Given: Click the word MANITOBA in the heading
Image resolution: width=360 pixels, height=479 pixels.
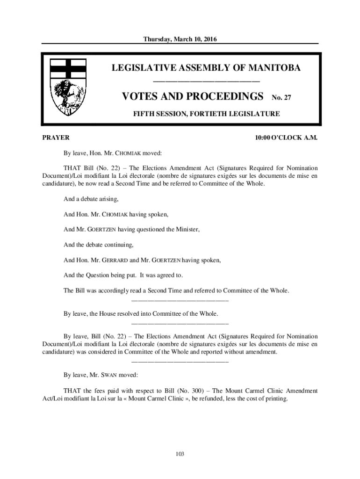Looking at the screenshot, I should [x=271, y=68].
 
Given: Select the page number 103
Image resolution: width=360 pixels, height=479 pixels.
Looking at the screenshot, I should [x=180, y=454].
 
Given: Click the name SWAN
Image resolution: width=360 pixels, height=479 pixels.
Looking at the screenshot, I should [x=110, y=375].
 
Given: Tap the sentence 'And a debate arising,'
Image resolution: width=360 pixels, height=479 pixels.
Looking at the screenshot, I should [x=91, y=199].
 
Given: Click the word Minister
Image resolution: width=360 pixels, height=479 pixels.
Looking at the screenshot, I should [x=187, y=230].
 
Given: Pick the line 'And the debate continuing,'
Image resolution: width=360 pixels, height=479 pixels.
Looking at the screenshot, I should [x=99, y=245].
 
